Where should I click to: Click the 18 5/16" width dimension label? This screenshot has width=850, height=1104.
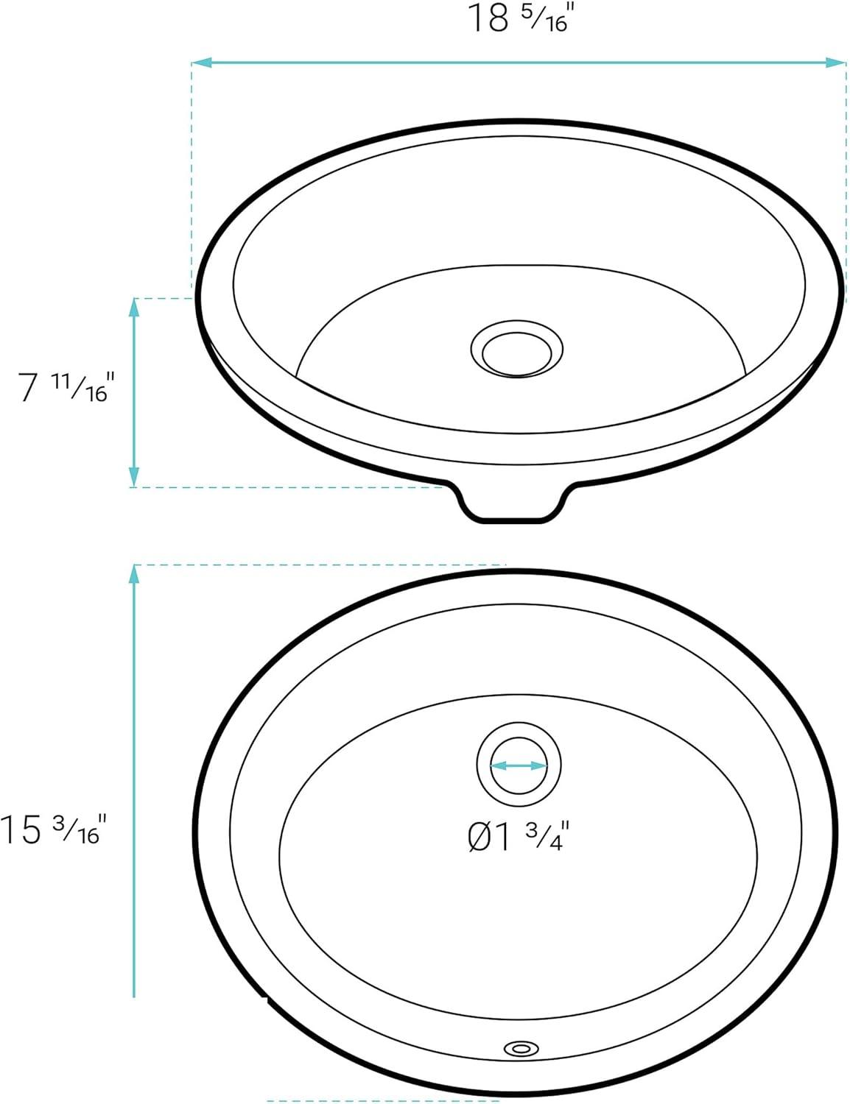click(x=520, y=19)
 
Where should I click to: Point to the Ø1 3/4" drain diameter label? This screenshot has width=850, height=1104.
click(x=519, y=837)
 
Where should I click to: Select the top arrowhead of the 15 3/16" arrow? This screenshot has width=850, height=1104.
click(x=134, y=575)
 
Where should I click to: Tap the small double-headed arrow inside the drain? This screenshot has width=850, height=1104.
click(x=519, y=765)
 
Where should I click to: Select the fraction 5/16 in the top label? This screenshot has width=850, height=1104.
click(x=547, y=22)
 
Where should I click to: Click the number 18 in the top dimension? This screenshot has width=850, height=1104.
click(x=488, y=19)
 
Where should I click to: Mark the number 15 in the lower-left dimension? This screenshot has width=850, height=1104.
click(x=22, y=830)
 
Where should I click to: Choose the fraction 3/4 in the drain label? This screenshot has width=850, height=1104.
click(x=547, y=838)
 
